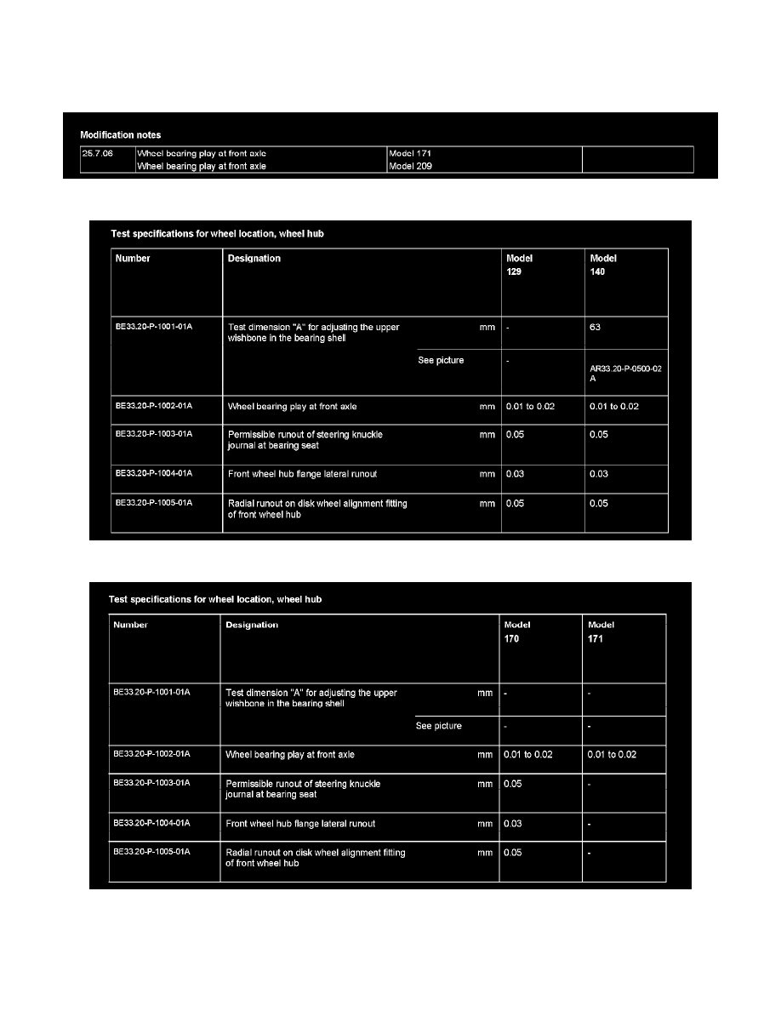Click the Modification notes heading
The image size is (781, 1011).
pos(120,134)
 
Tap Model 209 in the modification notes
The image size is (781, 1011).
pos(410,167)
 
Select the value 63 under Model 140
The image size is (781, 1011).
pos(596,327)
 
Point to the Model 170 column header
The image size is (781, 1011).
pos(517,631)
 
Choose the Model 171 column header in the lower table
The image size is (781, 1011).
pos(601,631)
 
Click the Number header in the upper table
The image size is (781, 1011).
pos(133,258)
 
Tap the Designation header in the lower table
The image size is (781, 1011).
pos(252,625)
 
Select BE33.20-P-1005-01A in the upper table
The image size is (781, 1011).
pos(154,503)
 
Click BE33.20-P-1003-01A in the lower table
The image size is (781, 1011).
pos(151,782)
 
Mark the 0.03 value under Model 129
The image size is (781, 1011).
pos(515,474)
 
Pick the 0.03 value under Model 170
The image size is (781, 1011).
pos(513,823)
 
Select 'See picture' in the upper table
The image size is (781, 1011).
pos(441,361)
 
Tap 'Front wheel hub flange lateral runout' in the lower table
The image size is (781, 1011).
pos(300,823)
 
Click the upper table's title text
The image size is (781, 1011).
pos(229,233)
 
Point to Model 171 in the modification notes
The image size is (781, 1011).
pos(410,153)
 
